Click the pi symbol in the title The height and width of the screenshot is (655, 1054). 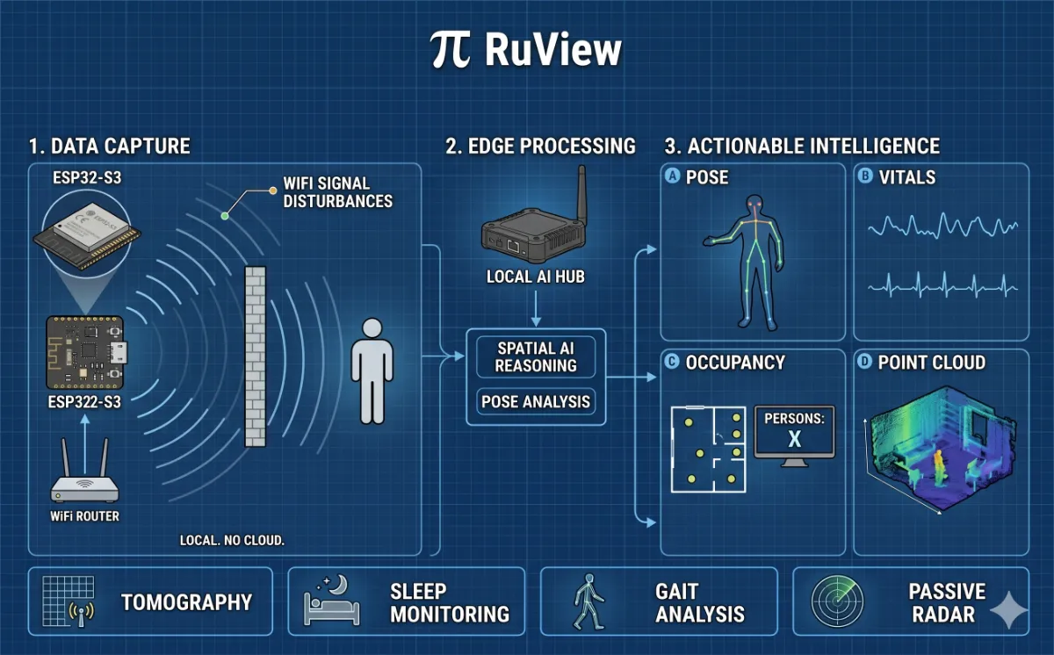click(451, 52)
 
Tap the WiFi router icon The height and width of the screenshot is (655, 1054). click(85, 480)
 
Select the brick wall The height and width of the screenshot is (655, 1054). click(255, 356)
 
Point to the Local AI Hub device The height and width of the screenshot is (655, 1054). click(531, 238)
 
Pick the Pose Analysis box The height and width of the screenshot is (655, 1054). click(536, 402)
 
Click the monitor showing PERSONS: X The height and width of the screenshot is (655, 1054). click(794, 435)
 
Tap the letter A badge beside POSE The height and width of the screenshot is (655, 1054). click(674, 176)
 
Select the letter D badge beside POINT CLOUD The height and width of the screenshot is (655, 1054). click(866, 362)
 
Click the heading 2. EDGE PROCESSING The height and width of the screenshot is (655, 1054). click(540, 146)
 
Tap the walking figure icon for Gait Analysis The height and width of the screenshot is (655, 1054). click(588, 602)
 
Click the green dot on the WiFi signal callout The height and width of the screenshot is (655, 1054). click(225, 216)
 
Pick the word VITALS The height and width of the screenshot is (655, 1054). click(907, 177)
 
